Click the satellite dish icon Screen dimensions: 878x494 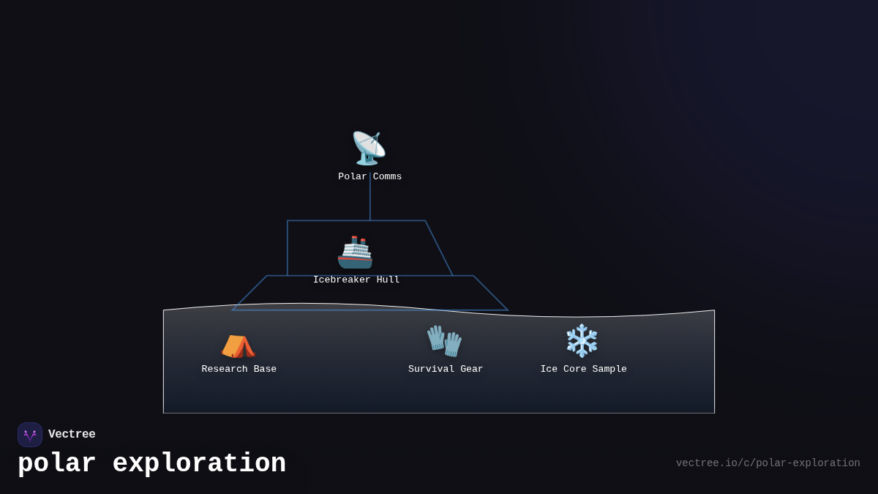[x=369, y=148]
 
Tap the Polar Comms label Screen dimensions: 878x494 [x=369, y=176]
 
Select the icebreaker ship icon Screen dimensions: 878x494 [x=355, y=252]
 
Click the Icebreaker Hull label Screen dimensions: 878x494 [x=356, y=280]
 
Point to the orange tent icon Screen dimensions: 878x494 [x=238, y=345]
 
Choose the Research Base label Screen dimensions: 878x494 [x=239, y=369]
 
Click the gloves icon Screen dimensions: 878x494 [x=444, y=341]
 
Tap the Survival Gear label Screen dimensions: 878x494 [x=446, y=369]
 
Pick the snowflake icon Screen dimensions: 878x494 [x=582, y=341]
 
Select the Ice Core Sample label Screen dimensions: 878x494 [x=583, y=369]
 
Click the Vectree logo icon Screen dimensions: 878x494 [x=30, y=435]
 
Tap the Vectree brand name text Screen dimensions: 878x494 [x=72, y=435]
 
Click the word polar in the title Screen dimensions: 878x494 [x=56, y=464]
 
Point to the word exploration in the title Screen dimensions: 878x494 [x=199, y=464]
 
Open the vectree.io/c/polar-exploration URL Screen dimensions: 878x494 [x=768, y=463]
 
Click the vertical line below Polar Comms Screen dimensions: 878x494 [x=370, y=201]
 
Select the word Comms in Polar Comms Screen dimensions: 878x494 [x=387, y=176]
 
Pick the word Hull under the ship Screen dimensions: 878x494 [x=388, y=280]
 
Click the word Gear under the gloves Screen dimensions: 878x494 [x=471, y=369]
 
